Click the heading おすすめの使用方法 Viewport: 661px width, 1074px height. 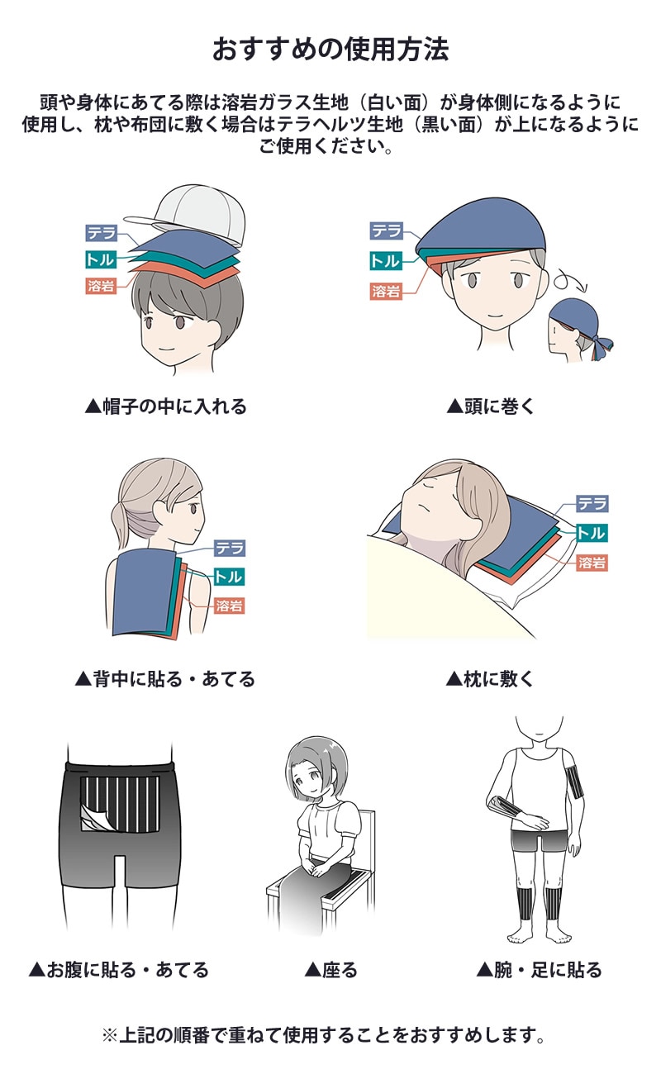click(x=330, y=49)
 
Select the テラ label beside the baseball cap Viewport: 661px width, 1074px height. click(x=101, y=233)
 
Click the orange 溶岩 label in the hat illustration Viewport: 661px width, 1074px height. click(x=101, y=286)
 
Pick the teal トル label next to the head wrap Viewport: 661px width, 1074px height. click(x=386, y=261)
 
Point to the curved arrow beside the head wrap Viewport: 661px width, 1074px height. click(x=570, y=282)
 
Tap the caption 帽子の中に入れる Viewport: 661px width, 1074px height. click(x=165, y=406)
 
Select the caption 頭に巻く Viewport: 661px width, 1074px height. click(x=490, y=406)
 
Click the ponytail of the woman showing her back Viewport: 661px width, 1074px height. click(x=121, y=520)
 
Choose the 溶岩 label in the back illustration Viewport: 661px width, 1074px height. click(x=230, y=606)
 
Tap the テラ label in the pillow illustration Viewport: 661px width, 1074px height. click(x=592, y=503)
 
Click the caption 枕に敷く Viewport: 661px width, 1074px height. click(x=489, y=679)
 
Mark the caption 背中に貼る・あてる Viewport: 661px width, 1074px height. click(x=165, y=679)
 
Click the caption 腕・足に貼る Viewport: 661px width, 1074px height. click(x=540, y=969)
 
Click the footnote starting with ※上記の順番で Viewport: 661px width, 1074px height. click(x=324, y=1034)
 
